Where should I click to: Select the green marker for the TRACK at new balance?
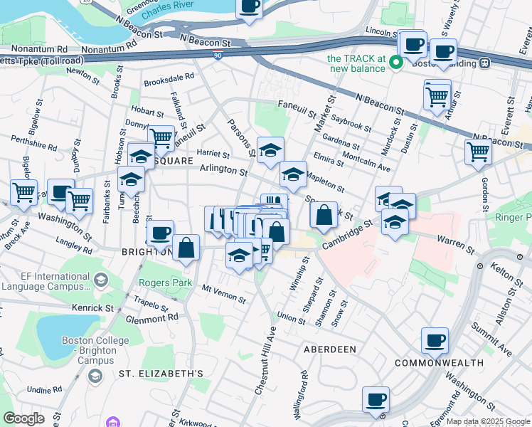[x=397, y=63]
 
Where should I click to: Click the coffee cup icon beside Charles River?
[x=248, y=7]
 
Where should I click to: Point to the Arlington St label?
[x=223, y=170]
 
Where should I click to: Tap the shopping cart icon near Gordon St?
[x=478, y=152]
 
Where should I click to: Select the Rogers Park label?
[x=166, y=283]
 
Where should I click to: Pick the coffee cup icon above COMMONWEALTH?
[x=435, y=340]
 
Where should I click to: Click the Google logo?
[x=23, y=418]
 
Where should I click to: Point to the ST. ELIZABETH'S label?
[x=161, y=373]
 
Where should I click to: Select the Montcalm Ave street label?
[x=366, y=162]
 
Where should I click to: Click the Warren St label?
[x=455, y=246]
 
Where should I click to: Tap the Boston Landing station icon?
[x=484, y=63]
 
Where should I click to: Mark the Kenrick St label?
[x=92, y=308]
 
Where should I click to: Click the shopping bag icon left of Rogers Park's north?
[x=186, y=248]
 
